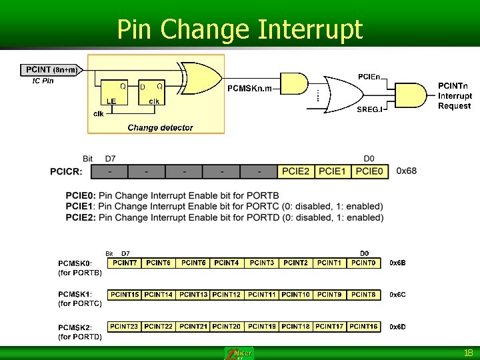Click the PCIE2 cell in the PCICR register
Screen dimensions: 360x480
tap(296, 171)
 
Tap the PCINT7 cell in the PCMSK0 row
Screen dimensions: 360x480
tap(125, 263)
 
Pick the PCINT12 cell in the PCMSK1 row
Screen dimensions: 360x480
tap(227, 295)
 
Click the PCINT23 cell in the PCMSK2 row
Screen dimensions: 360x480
tap(125, 326)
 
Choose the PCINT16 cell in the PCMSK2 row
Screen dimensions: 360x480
tap(363, 326)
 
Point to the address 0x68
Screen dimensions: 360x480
tap(406, 171)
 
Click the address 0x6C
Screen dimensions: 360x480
tap(397, 295)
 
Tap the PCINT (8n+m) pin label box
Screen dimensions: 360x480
tap(52, 69)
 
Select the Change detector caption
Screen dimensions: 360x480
tap(160, 127)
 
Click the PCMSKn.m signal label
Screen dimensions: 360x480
tap(250, 88)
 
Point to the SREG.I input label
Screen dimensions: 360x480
tap(370, 109)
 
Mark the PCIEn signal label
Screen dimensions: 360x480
tap(370, 77)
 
